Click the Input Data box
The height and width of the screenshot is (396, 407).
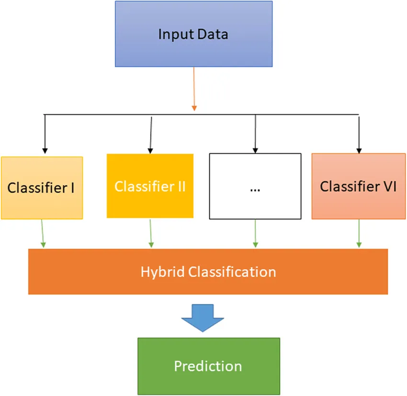tap(193, 34)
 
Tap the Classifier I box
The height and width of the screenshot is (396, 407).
tap(42, 188)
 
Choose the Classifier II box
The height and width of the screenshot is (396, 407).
tap(150, 186)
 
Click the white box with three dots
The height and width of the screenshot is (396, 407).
tap(255, 186)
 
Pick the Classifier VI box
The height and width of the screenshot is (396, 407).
tap(358, 186)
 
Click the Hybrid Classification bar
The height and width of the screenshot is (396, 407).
tap(208, 272)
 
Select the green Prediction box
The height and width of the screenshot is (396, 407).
tap(208, 366)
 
